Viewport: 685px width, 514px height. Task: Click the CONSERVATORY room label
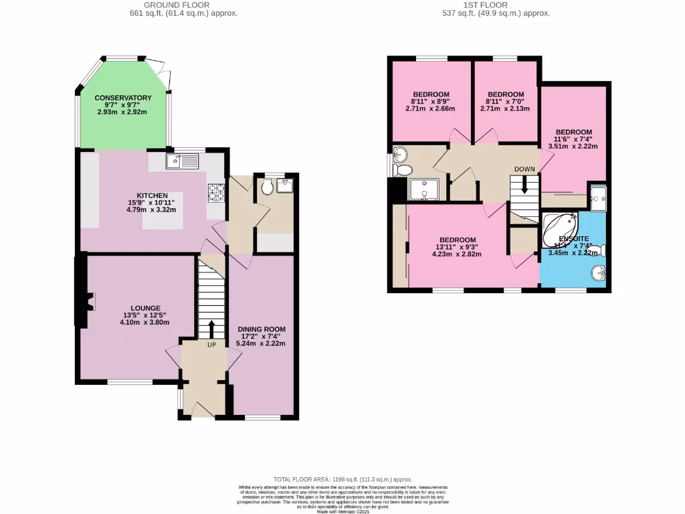click(123, 98)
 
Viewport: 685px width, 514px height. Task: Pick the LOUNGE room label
click(145, 308)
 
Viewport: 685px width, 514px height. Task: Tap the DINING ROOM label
click(262, 329)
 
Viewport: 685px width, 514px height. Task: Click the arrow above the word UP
click(211, 329)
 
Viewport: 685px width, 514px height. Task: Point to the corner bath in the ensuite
click(559, 229)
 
